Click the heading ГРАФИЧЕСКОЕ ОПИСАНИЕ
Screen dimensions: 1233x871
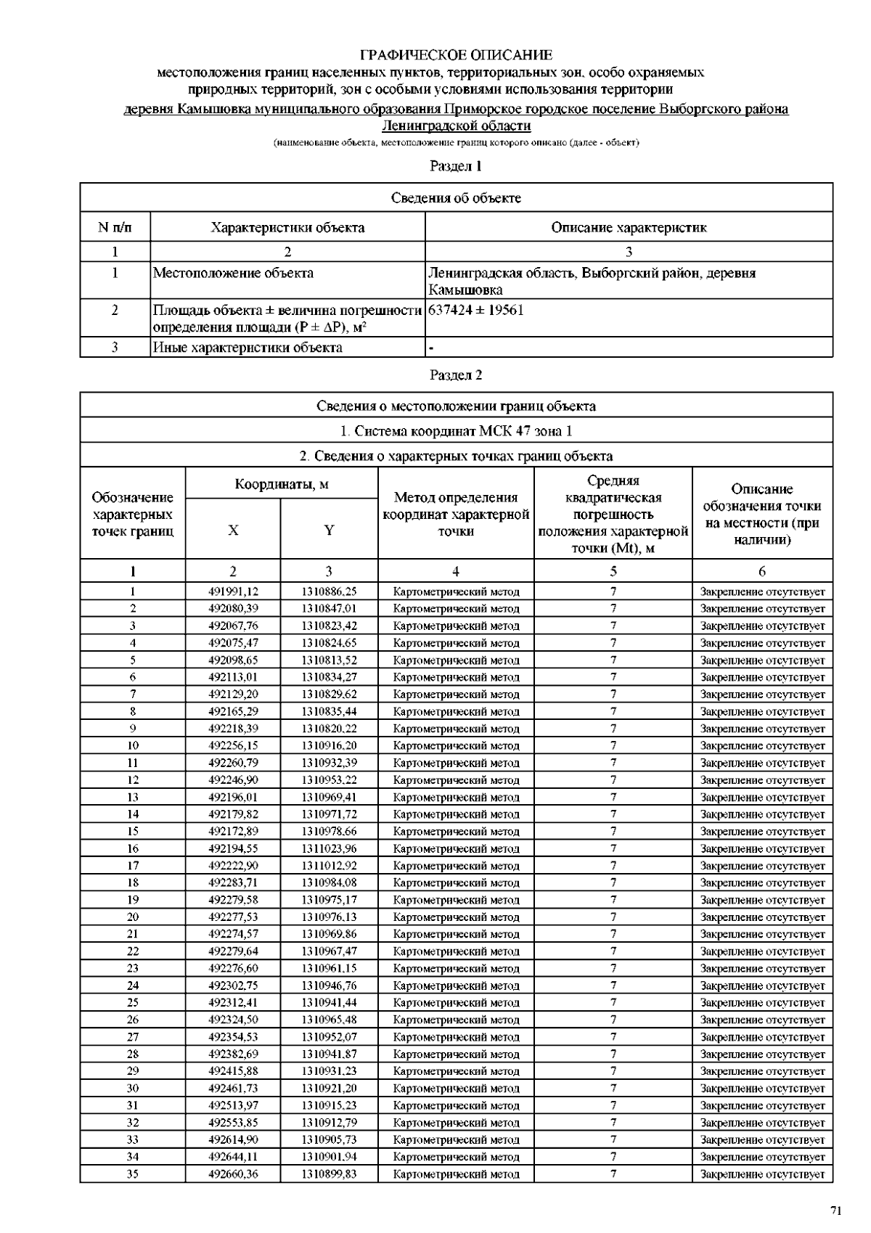pos(456,55)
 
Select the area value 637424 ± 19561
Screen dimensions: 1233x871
pos(476,311)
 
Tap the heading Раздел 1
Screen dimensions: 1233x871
pos(456,166)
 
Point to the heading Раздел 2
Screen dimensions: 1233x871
pos(456,375)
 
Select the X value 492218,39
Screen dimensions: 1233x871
pos(233,729)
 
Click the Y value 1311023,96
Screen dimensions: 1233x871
pos(329,848)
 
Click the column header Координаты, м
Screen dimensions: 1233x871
pos(282,484)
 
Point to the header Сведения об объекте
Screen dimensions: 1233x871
pos(456,198)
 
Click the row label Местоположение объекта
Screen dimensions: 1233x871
pos(233,274)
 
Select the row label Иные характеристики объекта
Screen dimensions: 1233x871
pos(248,348)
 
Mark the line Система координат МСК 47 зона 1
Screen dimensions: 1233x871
pos(456,431)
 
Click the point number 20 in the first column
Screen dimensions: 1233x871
pos(133,917)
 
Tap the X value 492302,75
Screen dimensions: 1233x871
pos(233,986)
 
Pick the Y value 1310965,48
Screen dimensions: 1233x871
pos(329,1020)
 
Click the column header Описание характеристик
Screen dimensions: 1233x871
pos(629,228)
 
